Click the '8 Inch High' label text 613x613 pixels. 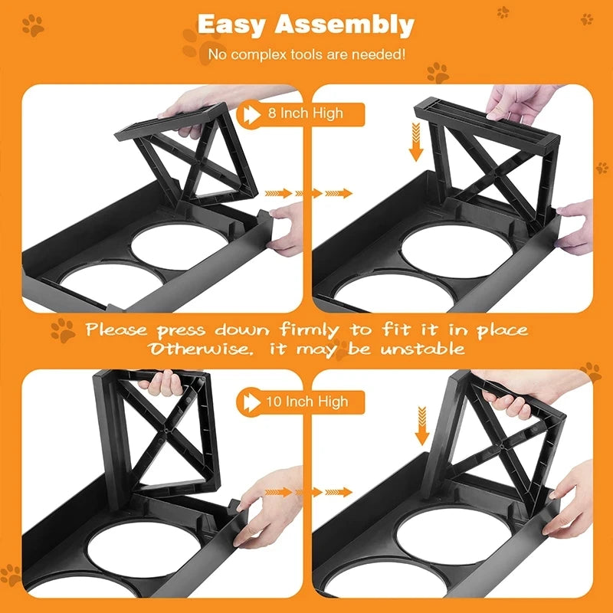point(305,113)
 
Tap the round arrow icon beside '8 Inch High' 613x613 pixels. point(251,113)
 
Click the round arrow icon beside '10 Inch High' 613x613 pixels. point(250,401)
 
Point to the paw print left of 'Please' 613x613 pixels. point(62,330)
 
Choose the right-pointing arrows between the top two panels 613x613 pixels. point(307,193)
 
